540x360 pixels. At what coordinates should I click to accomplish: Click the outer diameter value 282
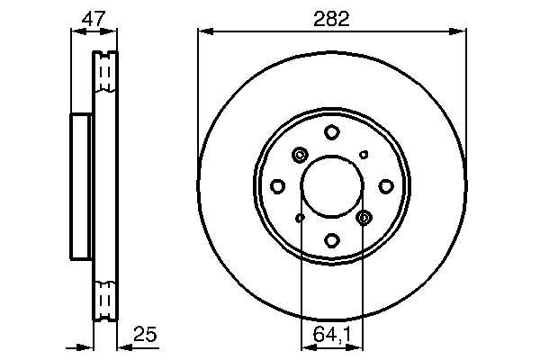(x=331, y=15)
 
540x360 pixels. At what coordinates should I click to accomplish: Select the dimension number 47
(x=94, y=15)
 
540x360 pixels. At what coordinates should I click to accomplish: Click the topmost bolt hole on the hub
(x=332, y=133)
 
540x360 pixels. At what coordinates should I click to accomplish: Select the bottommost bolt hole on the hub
(x=332, y=239)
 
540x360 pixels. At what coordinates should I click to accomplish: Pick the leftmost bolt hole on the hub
(x=278, y=186)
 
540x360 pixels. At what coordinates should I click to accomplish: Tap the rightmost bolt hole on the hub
(x=385, y=186)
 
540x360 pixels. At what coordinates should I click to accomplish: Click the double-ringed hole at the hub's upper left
(x=300, y=156)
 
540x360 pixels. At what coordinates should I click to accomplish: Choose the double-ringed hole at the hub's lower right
(x=364, y=217)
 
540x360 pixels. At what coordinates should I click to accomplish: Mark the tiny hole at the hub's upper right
(x=364, y=155)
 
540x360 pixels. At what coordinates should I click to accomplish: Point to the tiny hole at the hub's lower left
(x=301, y=217)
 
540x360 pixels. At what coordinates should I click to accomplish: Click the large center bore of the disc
(x=332, y=186)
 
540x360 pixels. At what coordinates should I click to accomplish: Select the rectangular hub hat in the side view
(x=82, y=186)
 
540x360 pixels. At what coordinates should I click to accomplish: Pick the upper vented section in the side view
(x=106, y=74)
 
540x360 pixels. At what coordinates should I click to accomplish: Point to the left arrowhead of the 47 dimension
(x=76, y=32)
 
